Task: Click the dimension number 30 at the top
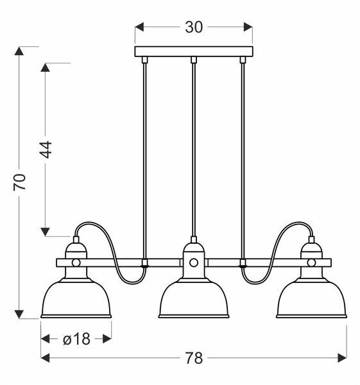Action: pyautogui.click(x=194, y=27)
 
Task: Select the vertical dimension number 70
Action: pyautogui.click(x=20, y=182)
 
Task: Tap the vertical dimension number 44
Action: pyautogui.click(x=46, y=150)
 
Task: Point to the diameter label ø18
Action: pyautogui.click(x=76, y=339)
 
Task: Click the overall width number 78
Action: pyautogui.click(x=194, y=358)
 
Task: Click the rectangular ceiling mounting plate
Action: pyautogui.click(x=194, y=51)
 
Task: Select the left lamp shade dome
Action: pyautogui.click(x=76, y=298)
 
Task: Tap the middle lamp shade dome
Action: pyautogui.click(x=194, y=298)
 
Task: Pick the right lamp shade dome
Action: pyautogui.click(x=311, y=298)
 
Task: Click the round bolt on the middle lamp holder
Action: pyautogui.click(x=194, y=262)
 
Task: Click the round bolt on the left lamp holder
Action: pyautogui.click(x=76, y=262)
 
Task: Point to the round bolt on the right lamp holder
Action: pyautogui.click(x=311, y=262)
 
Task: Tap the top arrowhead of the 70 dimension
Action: pyautogui.click(x=19, y=51)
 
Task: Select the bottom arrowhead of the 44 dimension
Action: pyautogui.click(x=45, y=232)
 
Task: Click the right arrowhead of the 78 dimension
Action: pyautogui.click(x=342, y=358)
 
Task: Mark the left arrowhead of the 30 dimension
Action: pyautogui.click(x=139, y=27)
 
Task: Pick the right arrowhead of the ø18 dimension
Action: pyautogui.click(x=107, y=339)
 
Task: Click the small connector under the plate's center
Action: pyautogui.click(x=194, y=60)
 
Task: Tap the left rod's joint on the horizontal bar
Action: pyautogui.click(x=144, y=262)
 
